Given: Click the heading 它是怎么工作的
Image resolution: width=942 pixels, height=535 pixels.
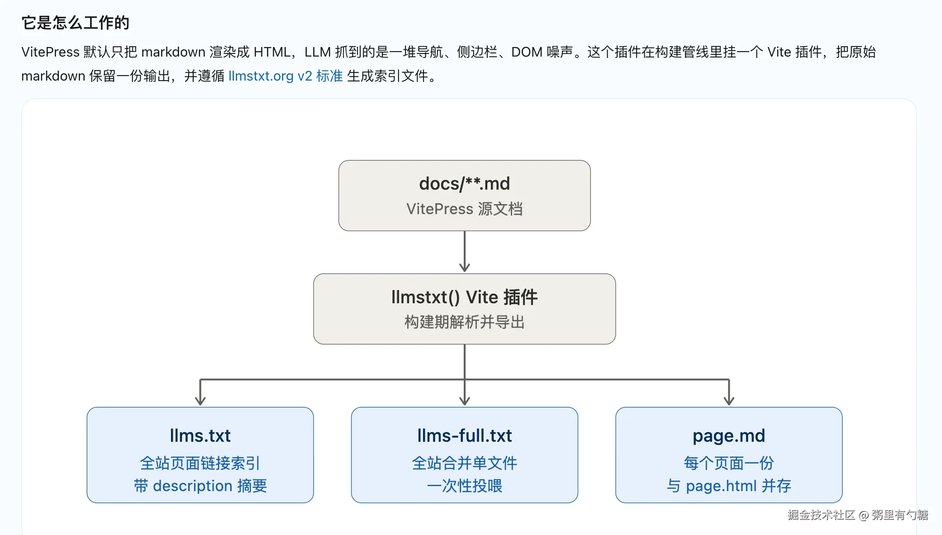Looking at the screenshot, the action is click(76, 23).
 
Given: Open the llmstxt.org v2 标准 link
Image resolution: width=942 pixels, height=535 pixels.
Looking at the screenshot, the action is click(285, 76).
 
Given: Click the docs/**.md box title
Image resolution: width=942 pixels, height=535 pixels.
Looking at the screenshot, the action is click(465, 184).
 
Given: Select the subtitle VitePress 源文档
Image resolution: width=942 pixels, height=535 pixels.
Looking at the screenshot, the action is click(465, 209).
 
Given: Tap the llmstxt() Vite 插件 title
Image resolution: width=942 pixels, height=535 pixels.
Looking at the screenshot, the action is click(465, 297).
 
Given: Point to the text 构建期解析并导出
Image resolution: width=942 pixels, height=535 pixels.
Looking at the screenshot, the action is click(465, 322).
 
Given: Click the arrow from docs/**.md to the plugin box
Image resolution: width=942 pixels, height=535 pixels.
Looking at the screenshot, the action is click(465, 251).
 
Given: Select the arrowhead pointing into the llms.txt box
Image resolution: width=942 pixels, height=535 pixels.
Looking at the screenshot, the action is click(200, 401).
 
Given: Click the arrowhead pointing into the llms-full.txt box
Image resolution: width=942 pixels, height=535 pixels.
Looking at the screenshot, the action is click(465, 401).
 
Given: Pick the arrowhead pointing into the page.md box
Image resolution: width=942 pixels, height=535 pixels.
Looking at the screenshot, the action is click(729, 401).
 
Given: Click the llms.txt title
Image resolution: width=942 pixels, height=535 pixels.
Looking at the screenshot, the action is click(200, 435).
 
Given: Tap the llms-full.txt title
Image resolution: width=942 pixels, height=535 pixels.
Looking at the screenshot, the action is click(465, 435).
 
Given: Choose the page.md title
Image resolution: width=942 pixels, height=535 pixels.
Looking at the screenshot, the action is click(729, 436).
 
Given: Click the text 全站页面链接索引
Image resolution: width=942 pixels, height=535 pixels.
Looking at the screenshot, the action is click(200, 463).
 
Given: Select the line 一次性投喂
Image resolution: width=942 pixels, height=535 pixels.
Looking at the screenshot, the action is click(465, 486).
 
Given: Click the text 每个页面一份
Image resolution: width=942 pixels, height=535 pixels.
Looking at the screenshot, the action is click(729, 463).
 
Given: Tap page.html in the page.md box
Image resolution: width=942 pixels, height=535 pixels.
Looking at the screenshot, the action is click(722, 486).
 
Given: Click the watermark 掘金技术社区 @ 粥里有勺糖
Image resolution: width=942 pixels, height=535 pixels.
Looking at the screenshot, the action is click(858, 515).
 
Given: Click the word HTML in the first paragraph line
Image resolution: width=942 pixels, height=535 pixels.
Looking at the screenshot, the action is click(272, 52).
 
